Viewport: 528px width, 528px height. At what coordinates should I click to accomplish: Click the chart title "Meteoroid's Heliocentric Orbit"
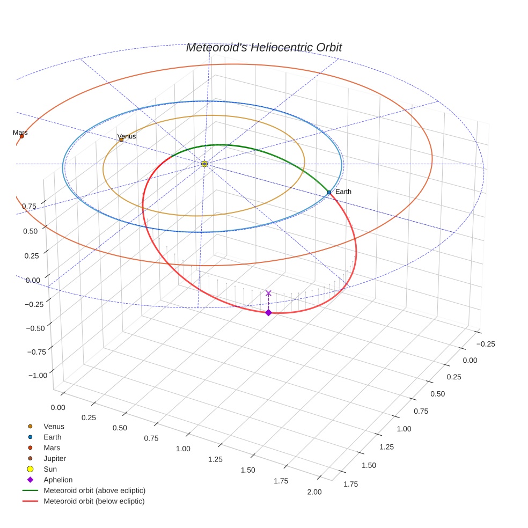coord(263,47)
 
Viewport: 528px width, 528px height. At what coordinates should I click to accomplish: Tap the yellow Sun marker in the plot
coord(204,164)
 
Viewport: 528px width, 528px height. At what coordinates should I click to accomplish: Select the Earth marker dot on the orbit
coord(329,192)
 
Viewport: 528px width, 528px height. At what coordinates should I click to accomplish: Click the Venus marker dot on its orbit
coord(121,140)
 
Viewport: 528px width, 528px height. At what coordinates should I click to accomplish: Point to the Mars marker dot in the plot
coord(21,136)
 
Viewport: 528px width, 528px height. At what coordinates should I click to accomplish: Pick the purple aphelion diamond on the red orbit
coord(268,312)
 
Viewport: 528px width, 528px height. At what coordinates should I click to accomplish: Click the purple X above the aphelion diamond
coord(268,293)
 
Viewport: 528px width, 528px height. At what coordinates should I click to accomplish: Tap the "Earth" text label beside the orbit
coord(343,192)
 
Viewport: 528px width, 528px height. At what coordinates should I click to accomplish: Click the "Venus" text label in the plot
coord(127,136)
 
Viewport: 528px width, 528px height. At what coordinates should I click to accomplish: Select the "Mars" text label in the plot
coord(20,132)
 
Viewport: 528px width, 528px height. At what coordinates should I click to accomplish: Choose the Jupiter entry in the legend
coord(55,458)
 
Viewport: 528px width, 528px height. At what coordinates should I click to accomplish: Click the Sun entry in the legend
coord(50,469)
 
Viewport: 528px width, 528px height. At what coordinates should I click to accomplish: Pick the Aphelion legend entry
coord(58,480)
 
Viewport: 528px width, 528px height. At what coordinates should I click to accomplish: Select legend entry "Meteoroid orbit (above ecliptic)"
coord(94,490)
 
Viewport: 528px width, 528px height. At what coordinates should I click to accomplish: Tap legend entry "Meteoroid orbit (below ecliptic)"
coord(94,501)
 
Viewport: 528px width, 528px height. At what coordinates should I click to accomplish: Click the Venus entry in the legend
coord(54,426)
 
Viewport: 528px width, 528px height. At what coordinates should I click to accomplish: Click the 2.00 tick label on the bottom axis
coord(314,492)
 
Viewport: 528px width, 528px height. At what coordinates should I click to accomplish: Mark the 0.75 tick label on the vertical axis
coord(29,206)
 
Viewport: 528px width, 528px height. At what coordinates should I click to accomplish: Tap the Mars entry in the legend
coord(52,448)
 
